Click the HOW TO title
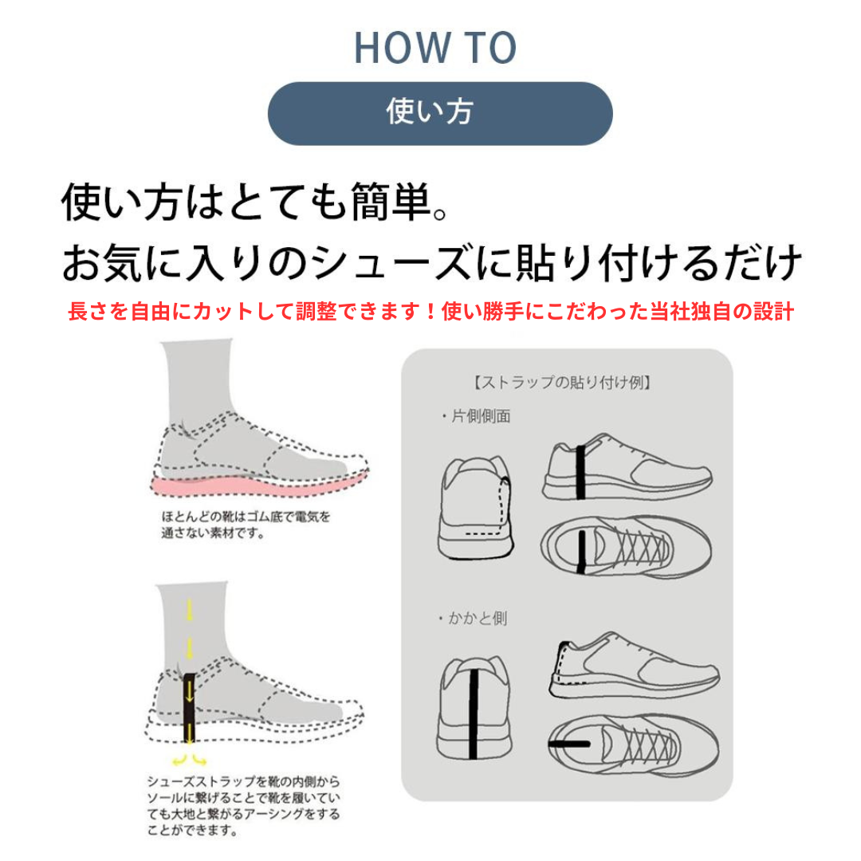click(435, 48)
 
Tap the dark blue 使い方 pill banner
click(440, 114)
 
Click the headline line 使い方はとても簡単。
click(255, 202)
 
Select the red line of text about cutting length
click(431, 312)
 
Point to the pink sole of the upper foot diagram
click(258, 486)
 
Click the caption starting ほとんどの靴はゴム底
click(246, 525)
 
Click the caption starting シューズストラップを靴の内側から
click(243, 805)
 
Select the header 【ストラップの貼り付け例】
click(562, 382)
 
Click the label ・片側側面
click(475, 416)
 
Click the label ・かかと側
click(472, 619)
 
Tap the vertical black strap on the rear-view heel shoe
click(473, 714)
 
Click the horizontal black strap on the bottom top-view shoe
click(569, 744)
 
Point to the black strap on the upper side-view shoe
click(580, 472)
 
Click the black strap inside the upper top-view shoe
click(582, 552)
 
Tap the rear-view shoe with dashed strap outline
click(475, 507)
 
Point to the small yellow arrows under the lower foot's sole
click(189, 760)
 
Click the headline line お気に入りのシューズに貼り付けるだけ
click(431, 262)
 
